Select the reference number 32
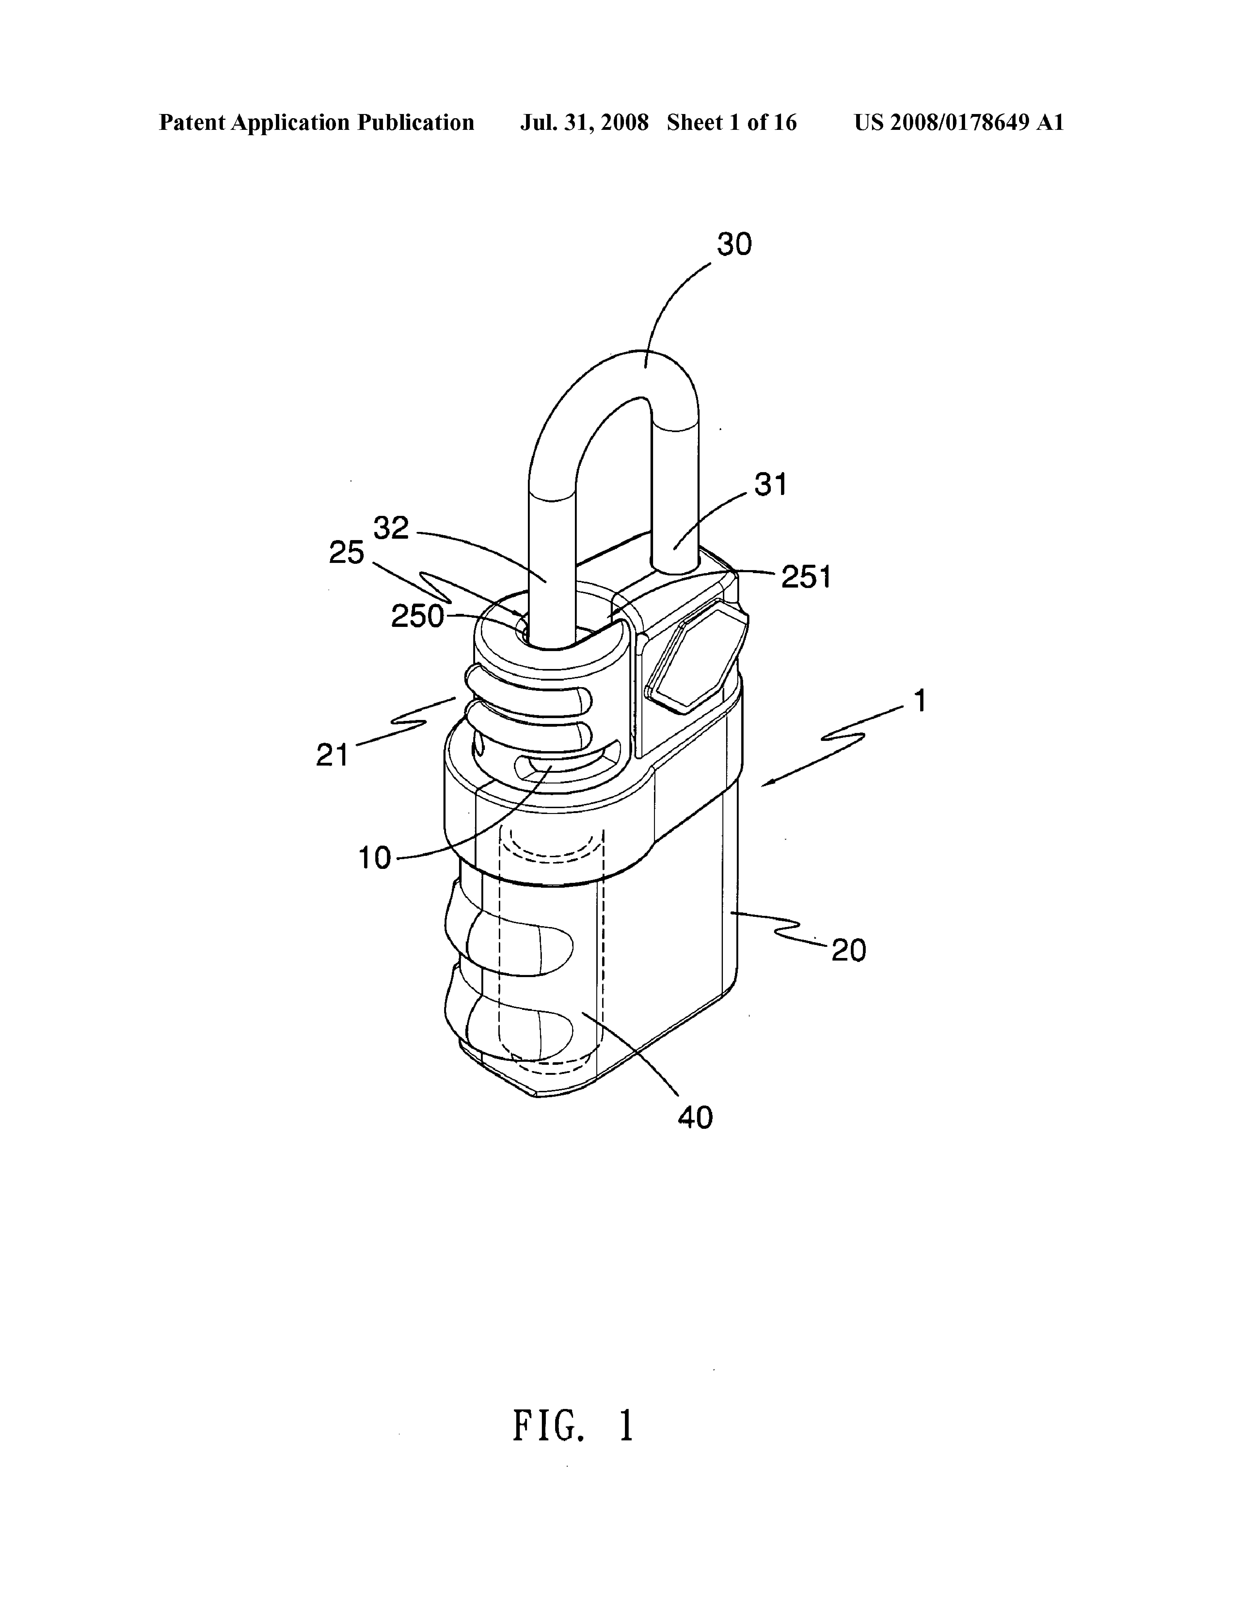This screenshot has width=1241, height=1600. (x=390, y=528)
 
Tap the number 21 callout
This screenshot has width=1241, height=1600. (x=332, y=755)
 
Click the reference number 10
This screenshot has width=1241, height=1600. (x=374, y=857)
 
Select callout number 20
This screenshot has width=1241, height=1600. (x=848, y=951)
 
